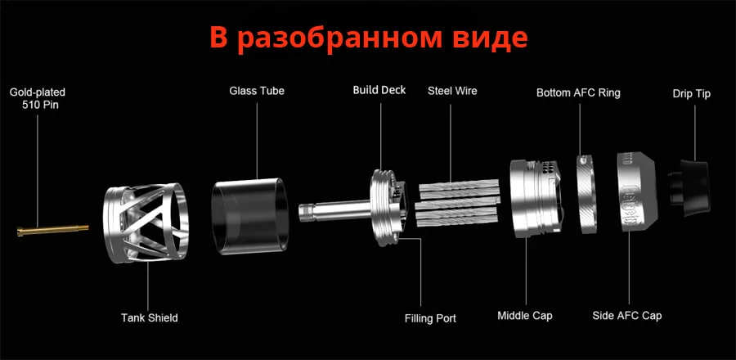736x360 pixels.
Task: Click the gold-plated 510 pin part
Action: click(52, 230)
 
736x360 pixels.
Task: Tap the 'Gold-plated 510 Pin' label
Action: click(38, 98)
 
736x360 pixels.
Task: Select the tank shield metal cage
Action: click(146, 222)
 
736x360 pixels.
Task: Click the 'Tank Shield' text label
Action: click(150, 317)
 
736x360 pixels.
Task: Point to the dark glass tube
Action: click(250, 216)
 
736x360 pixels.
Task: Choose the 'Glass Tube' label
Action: click(257, 91)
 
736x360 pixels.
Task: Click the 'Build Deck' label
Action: click(379, 90)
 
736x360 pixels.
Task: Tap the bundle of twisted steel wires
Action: click(458, 203)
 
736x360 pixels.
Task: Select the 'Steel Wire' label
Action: click(452, 91)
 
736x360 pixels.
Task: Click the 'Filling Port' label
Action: click(430, 318)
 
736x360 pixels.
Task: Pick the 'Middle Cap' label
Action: click(525, 316)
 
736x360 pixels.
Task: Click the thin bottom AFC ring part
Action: click(586, 193)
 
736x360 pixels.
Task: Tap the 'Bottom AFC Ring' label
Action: click(578, 92)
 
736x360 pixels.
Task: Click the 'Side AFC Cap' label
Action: click(627, 316)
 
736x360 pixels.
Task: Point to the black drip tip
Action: click(689, 187)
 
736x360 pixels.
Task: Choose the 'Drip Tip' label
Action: click(691, 93)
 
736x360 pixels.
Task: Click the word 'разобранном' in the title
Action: click(339, 38)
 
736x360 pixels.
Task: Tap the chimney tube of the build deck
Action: click(336, 211)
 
